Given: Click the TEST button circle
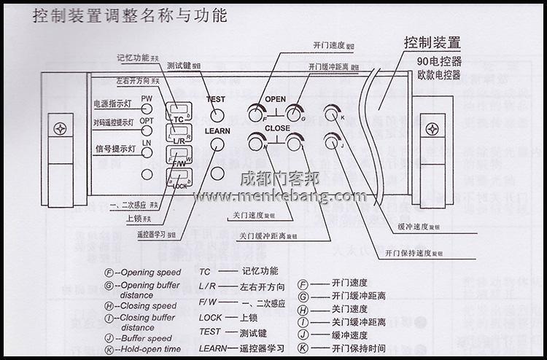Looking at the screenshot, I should pyautogui.click(x=217, y=114).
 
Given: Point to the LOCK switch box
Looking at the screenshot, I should pyautogui.click(x=179, y=176).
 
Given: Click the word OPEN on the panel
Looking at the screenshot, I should pyautogui.click(x=275, y=99).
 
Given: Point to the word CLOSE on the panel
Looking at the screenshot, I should pyautogui.click(x=277, y=128).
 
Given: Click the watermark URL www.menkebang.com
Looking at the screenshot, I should pyautogui.click(x=279, y=196).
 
